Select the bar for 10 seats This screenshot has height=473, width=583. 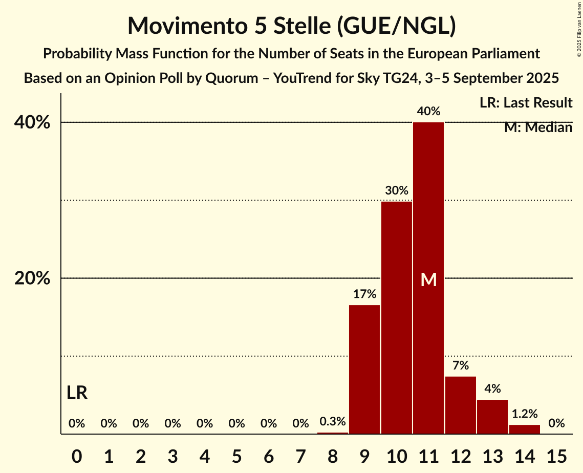click(x=397, y=317)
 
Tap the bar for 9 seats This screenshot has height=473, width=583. click(x=364, y=369)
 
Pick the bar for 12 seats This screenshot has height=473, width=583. click(x=461, y=405)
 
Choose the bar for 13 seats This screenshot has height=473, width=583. click(x=492, y=417)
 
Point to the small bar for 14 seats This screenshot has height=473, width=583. click(x=525, y=429)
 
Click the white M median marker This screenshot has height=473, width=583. click(x=428, y=279)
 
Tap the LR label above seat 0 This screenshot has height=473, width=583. click(x=77, y=393)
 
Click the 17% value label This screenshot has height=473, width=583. click(x=364, y=294)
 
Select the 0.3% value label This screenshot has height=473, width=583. click(x=333, y=422)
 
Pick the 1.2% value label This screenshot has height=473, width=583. click(x=525, y=414)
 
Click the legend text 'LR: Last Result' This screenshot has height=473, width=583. click(x=526, y=103)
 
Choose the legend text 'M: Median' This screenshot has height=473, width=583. click(x=538, y=127)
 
